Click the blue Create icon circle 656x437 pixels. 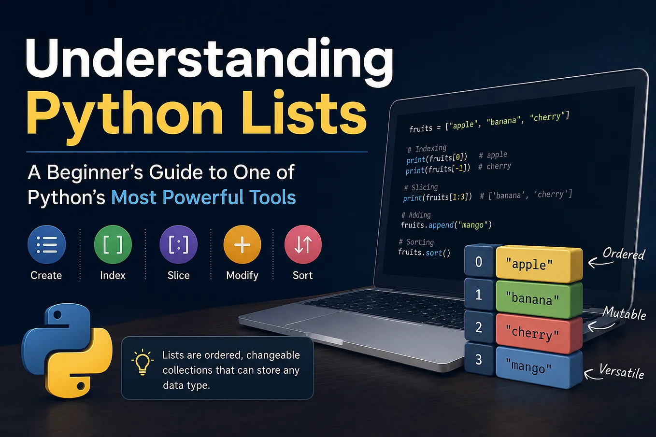pos(46,244)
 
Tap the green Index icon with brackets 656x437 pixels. pos(113,244)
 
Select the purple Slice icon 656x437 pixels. pos(178,244)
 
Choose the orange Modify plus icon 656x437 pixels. pos(242,244)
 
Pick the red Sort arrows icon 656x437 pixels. pos(303,244)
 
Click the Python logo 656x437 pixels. pos(67,351)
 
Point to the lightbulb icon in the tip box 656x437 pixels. pos(143,362)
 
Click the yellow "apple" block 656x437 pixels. pos(539,264)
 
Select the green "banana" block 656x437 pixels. pos(539,299)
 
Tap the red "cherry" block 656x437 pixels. pos(539,333)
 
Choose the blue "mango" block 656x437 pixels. pos(539,367)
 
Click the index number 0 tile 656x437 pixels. pos(479,261)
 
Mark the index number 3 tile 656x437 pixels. pos(479,359)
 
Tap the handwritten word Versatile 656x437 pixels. pos(621,371)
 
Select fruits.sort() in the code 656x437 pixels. pos(424,253)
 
